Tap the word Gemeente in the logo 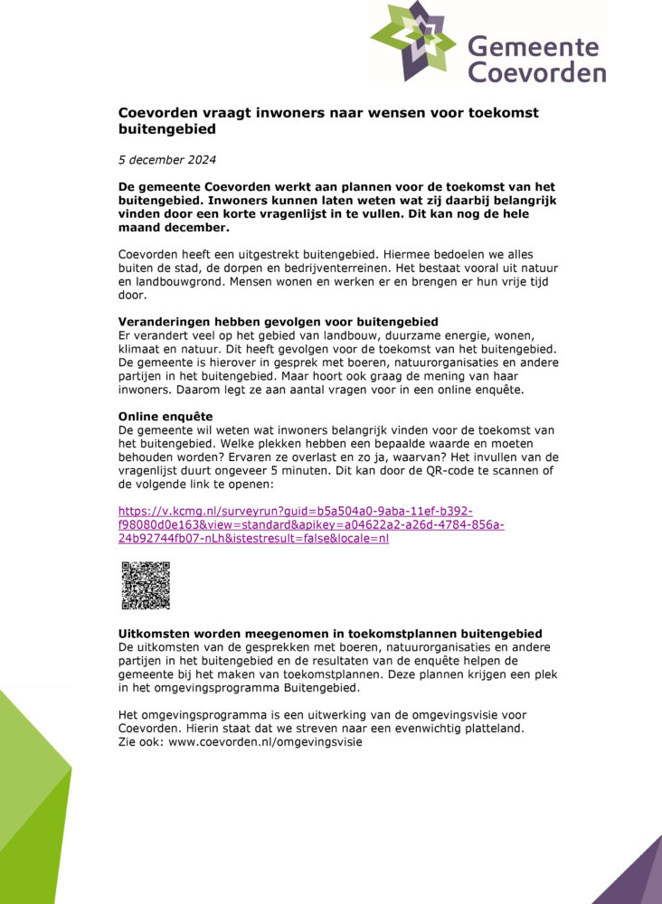533,47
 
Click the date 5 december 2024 167,160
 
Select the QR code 146,585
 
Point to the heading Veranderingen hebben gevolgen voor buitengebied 278,322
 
